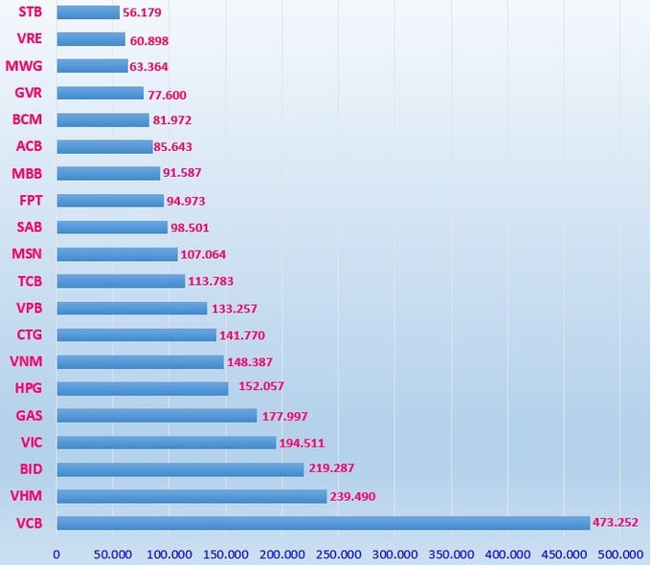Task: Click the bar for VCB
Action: [323, 523]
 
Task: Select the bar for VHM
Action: [191, 496]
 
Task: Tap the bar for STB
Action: [88, 12]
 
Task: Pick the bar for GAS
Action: [157, 416]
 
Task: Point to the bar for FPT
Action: [110, 201]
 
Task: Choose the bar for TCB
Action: [121, 281]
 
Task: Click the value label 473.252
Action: [616, 522]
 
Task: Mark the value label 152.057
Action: [261, 386]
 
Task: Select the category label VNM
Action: [25, 361]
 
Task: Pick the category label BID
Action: [30, 469]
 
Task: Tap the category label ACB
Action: [29, 146]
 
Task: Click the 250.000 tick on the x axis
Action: [339, 554]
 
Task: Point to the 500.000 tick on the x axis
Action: [620, 554]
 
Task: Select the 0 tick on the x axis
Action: [56, 554]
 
